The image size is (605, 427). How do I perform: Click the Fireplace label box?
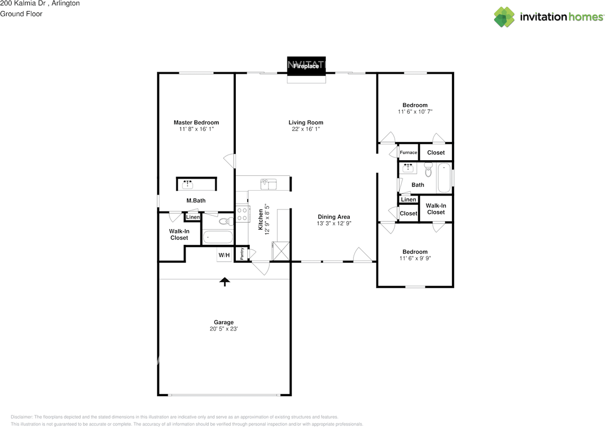click(306, 66)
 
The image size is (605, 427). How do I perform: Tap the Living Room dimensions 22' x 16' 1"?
click(306, 129)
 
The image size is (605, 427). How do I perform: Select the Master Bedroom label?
click(196, 122)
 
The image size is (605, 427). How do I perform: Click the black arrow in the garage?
click(225, 282)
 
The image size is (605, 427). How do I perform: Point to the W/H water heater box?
click(224, 255)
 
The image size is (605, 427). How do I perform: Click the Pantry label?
click(242, 254)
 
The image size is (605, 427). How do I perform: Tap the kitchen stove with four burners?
click(242, 214)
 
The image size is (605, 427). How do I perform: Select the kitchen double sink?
click(268, 184)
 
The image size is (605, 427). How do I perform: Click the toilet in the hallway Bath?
click(428, 168)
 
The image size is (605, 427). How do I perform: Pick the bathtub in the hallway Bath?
click(444, 178)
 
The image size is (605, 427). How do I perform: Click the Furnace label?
click(408, 152)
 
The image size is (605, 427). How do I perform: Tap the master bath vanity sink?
click(188, 184)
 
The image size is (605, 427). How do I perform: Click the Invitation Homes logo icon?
click(504, 17)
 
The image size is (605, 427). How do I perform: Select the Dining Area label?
click(334, 217)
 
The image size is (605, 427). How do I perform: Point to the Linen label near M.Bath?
click(193, 217)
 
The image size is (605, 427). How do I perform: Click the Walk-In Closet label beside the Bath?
click(436, 209)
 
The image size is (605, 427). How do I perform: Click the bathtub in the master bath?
click(217, 237)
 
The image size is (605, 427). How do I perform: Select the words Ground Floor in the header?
click(21, 14)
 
